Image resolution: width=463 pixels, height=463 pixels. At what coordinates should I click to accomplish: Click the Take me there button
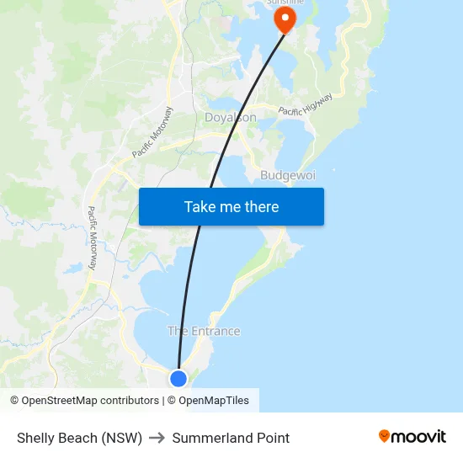click(x=231, y=206)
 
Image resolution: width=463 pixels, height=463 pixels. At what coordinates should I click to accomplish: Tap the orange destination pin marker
click(x=285, y=19)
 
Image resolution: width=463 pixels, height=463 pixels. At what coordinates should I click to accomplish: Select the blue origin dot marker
click(x=178, y=379)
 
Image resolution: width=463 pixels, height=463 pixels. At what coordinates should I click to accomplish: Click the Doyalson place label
click(x=231, y=118)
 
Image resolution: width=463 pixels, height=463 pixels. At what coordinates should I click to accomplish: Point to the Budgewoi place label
click(x=287, y=175)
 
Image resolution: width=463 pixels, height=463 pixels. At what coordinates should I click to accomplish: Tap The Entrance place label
click(x=204, y=331)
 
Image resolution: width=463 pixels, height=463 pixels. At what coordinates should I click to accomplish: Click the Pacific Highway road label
click(x=306, y=104)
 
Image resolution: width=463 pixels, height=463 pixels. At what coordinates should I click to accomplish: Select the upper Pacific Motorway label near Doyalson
click(x=152, y=132)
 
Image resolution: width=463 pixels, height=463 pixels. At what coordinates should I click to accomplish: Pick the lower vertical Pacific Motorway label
click(x=93, y=238)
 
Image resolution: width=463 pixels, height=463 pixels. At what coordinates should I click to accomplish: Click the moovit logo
click(x=412, y=437)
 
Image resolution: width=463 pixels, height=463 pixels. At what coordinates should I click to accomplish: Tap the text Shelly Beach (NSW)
click(x=79, y=438)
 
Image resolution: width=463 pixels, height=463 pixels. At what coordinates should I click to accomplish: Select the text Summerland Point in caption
click(x=231, y=438)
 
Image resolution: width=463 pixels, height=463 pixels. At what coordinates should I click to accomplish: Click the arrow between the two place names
click(x=157, y=438)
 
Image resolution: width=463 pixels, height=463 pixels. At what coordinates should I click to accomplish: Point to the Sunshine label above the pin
click(x=285, y=3)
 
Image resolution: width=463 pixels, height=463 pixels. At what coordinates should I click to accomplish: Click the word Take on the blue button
click(x=200, y=206)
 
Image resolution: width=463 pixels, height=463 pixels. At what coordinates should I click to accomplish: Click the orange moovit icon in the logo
click(x=385, y=436)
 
